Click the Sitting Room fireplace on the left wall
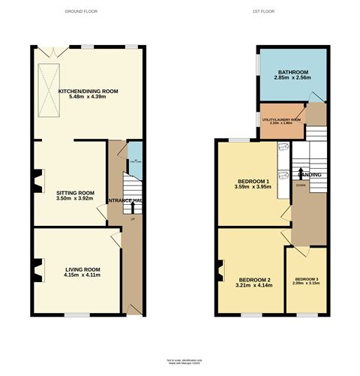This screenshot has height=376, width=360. point(37,179)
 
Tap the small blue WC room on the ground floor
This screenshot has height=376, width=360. point(134,160)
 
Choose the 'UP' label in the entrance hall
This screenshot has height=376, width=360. point(133,218)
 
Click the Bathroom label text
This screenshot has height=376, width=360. point(292,72)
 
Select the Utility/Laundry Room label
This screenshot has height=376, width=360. point(280,120)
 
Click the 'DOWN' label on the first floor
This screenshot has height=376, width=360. point(300,184)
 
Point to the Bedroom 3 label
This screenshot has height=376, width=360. point(307,278)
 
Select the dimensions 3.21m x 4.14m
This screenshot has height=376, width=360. point(252,285)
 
